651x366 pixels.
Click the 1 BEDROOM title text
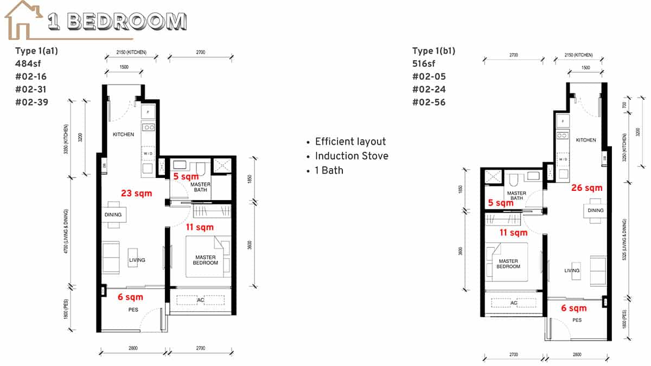117,21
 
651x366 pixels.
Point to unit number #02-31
31,89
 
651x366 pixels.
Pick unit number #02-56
429,102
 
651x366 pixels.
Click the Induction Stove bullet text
352,156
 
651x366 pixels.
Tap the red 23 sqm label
136,193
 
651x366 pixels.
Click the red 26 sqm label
586,188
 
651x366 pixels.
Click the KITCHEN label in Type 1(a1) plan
123,134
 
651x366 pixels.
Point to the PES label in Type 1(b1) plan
577,320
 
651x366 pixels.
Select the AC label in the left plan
200,300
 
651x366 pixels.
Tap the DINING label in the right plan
595,210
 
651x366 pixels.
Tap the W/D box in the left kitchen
148,154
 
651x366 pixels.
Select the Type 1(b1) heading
433,51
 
